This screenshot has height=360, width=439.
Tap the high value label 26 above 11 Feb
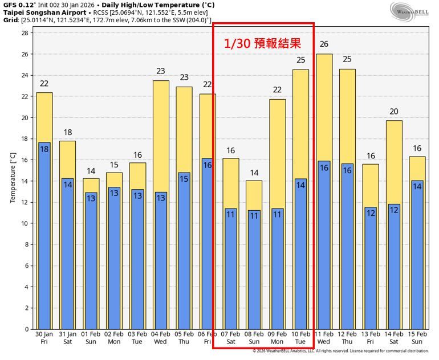[x=324, y=44]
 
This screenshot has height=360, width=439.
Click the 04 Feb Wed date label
[x=161, y=338]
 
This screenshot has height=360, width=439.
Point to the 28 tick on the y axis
[x=25, y=33]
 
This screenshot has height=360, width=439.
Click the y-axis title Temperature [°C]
[x=13, y=177]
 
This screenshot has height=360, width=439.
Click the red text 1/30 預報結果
[x=262, y=44]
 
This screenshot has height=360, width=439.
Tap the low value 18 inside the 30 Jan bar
[x=44, y=149]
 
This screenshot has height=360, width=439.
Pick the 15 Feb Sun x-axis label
[x=417, y=338]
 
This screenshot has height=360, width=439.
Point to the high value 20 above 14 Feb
[x=394, y=112]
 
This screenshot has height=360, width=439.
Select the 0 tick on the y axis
[x=26, y=329]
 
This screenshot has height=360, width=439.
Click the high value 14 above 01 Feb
[x=91, y=171]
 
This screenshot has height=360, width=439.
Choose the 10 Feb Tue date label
[x=300, y=338]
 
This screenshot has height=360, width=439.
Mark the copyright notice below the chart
[x=340, y=351]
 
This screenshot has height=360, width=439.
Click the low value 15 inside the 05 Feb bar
[x=184, y=179]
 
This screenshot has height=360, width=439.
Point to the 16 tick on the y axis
[x=25, y=160]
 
